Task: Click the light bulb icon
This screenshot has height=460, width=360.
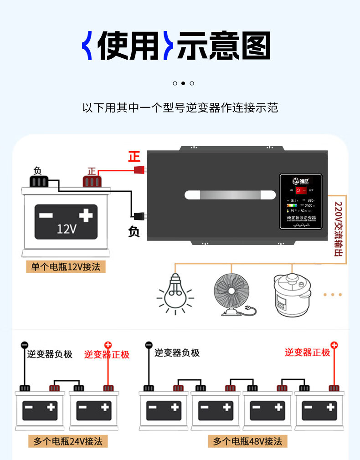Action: click(x=175, y=292)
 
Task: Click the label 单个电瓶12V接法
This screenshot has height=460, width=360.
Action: click(x=66, y=266)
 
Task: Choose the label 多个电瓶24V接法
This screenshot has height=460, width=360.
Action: click(x=68, y=441)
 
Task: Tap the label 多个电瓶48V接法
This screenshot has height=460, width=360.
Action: click(x=248, y=441)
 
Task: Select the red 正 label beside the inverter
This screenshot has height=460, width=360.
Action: click(x=134, y=157)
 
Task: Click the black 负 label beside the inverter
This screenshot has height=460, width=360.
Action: click(x=134, y=232)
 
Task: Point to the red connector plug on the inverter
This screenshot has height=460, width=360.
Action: click(x=139, y=170)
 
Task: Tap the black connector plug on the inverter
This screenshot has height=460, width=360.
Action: click(x=139, y=215)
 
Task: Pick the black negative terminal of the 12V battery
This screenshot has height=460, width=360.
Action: click(x=38, y=181)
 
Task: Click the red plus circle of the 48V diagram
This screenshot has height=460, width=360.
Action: click(x=334, y=345)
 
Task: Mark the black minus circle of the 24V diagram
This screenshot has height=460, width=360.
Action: click(x=25, y=345)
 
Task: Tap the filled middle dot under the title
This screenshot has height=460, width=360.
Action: click(x=183, y=83)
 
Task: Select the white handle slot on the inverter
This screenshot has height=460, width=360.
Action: click(x=231, y=195)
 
